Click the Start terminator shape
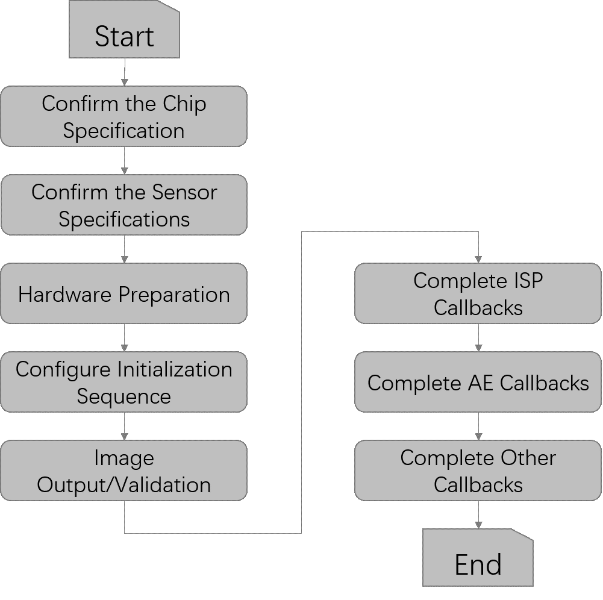[x=124, y=30]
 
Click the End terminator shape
[x=478, y=558]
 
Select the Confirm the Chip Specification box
[x=123, y=117]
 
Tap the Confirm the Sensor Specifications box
[x=123, y=205]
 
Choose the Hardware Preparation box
[x=123, y=294]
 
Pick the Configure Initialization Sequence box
[x=123, y=382]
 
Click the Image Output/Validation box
[x=123, y=471]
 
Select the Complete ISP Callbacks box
[x=478, y=294]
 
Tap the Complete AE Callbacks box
[x=478, y=383]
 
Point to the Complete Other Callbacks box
[x=478, y=471]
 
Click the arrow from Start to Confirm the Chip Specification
[x=124, y=72]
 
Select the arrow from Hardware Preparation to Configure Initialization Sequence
[x=124, y=338]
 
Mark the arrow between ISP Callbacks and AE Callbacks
[x=478, y=338]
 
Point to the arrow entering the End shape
[x=478, y=515]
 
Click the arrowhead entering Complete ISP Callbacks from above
[x=478, y=259]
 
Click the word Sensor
[x=184, y=193]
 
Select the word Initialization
[x=175, y=369]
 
